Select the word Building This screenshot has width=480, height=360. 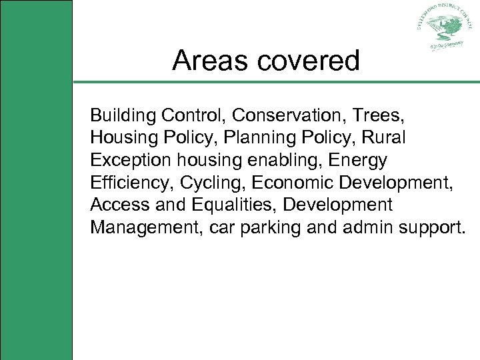click(123, 116)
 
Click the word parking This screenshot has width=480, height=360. click(270, 227)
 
